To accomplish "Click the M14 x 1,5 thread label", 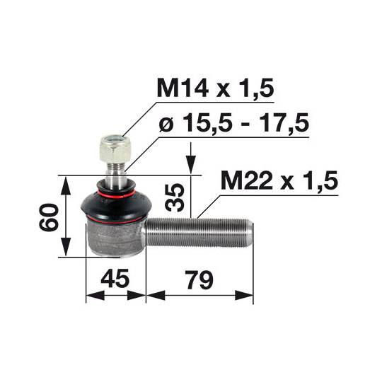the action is pyautogui.click(x=216, y=88).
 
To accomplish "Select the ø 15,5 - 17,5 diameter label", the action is pyautogui.click(x=234, y=123).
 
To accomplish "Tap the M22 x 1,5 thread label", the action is pyautogui.click(x=279, y=180).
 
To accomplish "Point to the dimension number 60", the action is pyautogui.click(x=49, y=217).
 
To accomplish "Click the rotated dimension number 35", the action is pyautogui.click(x=175, y=197).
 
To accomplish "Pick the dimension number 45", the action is pyautogui.click(x=115, y=279).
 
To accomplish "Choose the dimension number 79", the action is pyautogui.click(x=199, y=280).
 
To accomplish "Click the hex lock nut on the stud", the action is pyautogui.click(x=115, y=149).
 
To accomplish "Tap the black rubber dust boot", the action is pyautogui.click(x=117, y=201).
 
